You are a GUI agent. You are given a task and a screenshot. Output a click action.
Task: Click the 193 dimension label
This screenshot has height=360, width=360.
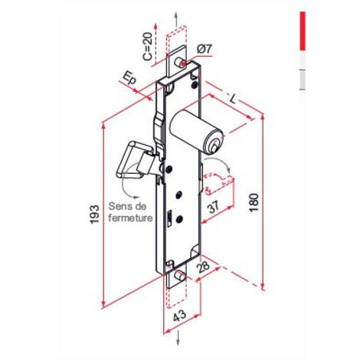pyautogui.click(x=94, y=214)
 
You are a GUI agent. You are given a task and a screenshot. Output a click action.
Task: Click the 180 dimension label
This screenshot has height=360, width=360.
pyautogui.click(x=254, y=202)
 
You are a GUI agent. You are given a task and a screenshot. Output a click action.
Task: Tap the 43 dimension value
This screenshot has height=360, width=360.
pyautogui.click(x=180, y=316)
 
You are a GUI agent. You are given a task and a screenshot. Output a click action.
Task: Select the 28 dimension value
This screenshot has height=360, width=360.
pyautogui.click(x=203, y=267)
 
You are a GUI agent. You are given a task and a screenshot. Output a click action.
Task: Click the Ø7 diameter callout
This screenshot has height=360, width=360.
pyautogui.click(x=205, y=49)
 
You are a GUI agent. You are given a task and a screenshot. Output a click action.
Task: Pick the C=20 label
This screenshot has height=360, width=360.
pyautogui.click(x=148, y=47)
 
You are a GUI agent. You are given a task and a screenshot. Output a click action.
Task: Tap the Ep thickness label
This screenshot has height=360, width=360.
pyautogui.click(x=129, y=78)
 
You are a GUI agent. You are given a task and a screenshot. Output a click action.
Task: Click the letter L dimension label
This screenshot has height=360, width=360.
pyautogui.click(x=232, y=98)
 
